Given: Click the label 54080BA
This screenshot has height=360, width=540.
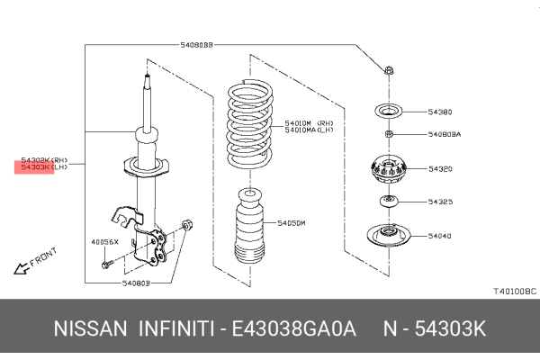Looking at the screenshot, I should pyautogui.click(x=444, y=135).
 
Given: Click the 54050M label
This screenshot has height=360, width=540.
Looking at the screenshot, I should pyautogui.click(x=292, y=221).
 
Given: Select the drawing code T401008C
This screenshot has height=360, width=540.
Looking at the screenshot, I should pyautogui.click(x=513, y=292).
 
